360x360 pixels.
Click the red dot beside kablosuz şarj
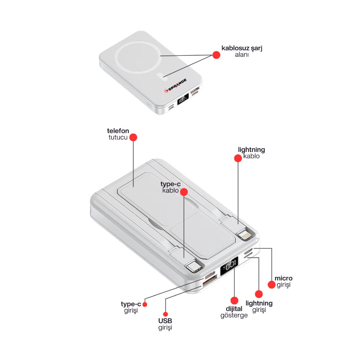(x=216, y=55)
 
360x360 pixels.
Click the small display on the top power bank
(x=183, y=98)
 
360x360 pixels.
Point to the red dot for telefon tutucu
(x=134, y=137)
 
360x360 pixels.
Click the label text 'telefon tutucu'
(x=118, y=134)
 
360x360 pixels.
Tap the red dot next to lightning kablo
(x=238, y=158)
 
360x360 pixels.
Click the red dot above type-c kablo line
(x=184, y=192)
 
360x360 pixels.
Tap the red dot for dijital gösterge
(x=234, y=300)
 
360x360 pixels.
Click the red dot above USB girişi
(x=165, y=314)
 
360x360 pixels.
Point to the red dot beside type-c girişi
(x=145, y=304)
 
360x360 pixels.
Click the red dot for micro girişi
(x=272, y=284)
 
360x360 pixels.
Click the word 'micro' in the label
(x=283, y=278)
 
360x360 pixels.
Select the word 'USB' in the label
(x=165, y=321)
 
